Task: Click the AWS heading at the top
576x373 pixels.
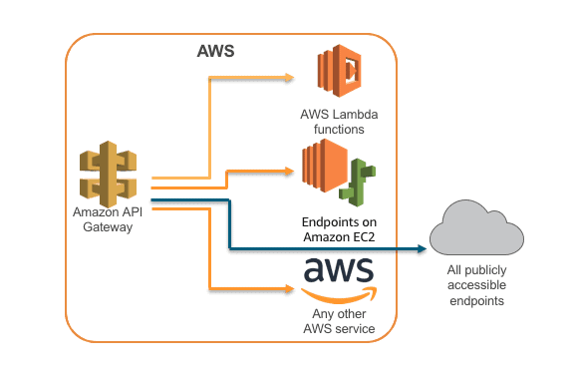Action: [x=216, y=50]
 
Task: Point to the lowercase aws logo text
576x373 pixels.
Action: [x=338, y=269]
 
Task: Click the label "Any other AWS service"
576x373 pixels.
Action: [x=338, y=320]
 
